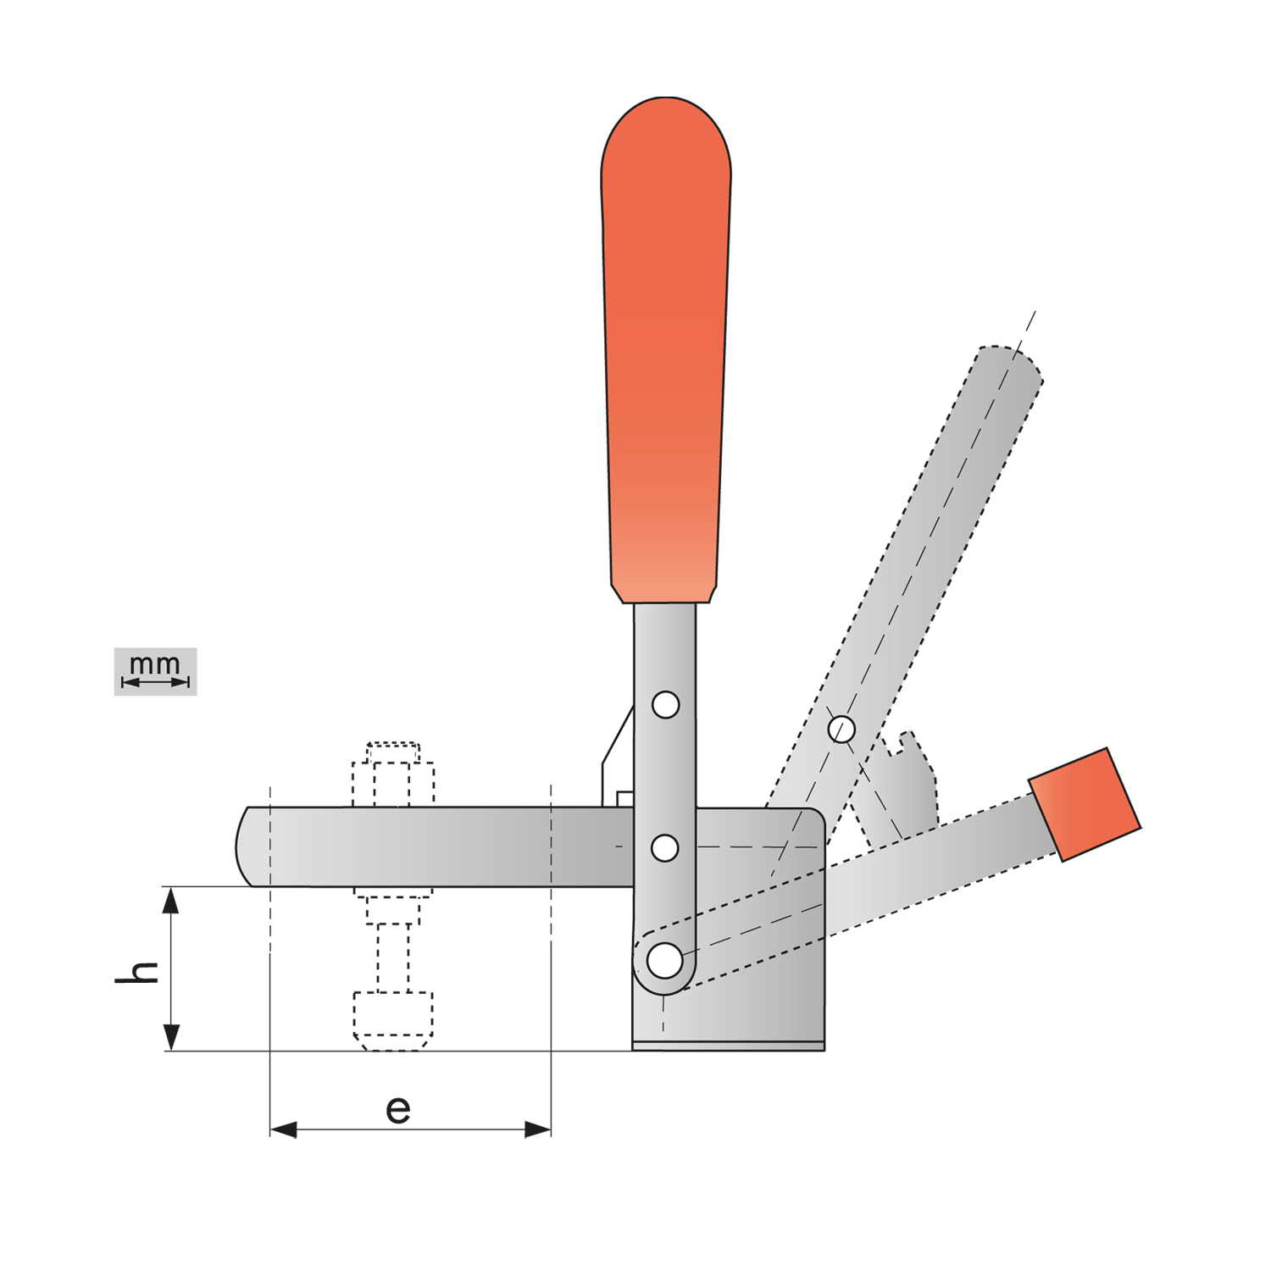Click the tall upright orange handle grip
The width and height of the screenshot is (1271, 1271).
click(x=666, y=349)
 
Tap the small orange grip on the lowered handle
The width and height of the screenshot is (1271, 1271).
click(x=1085, y=804)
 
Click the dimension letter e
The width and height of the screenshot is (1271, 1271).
click(x=398, y=1109)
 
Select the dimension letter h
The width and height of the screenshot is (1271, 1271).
click(x=137, y=972)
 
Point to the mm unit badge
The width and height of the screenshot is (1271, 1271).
click(x=155, y=672)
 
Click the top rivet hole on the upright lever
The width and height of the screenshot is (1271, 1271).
click(x=666, y=704)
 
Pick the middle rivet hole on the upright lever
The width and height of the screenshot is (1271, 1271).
click(x=665, y=847)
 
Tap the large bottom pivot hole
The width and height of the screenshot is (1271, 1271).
click(x=664, y=961)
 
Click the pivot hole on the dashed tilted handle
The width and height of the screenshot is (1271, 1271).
click(x=841, y=729)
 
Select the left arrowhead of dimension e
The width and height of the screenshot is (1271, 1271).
click(x=283, y=1129)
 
